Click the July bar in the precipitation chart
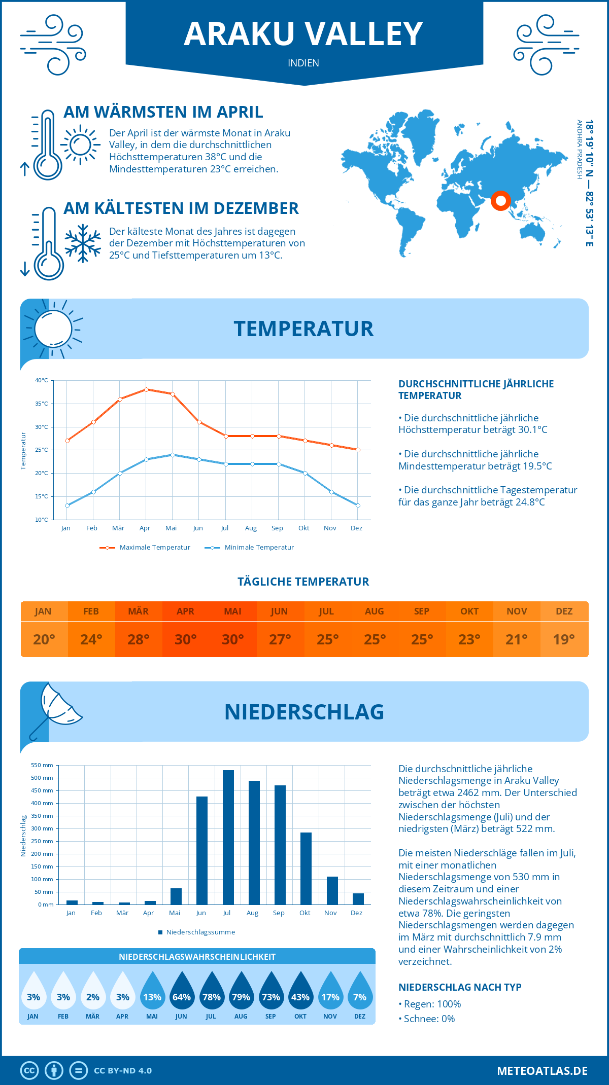(228, 837)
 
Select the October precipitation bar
(306, 868)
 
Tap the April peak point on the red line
(146, 389)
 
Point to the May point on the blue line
(173, 455)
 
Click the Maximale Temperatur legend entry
(145, 548)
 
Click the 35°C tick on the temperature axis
(42, 404)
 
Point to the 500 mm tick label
(42, 778)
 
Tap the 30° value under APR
(186, 639)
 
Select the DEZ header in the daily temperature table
(564, 611)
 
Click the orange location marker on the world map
(500, 201)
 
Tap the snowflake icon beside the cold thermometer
(83, 243)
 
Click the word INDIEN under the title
(303, 63)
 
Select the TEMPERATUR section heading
(303, 329)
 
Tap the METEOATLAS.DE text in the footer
(542, 1071)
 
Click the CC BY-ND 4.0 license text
(123, 1071)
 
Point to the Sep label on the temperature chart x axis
(277, 528)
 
